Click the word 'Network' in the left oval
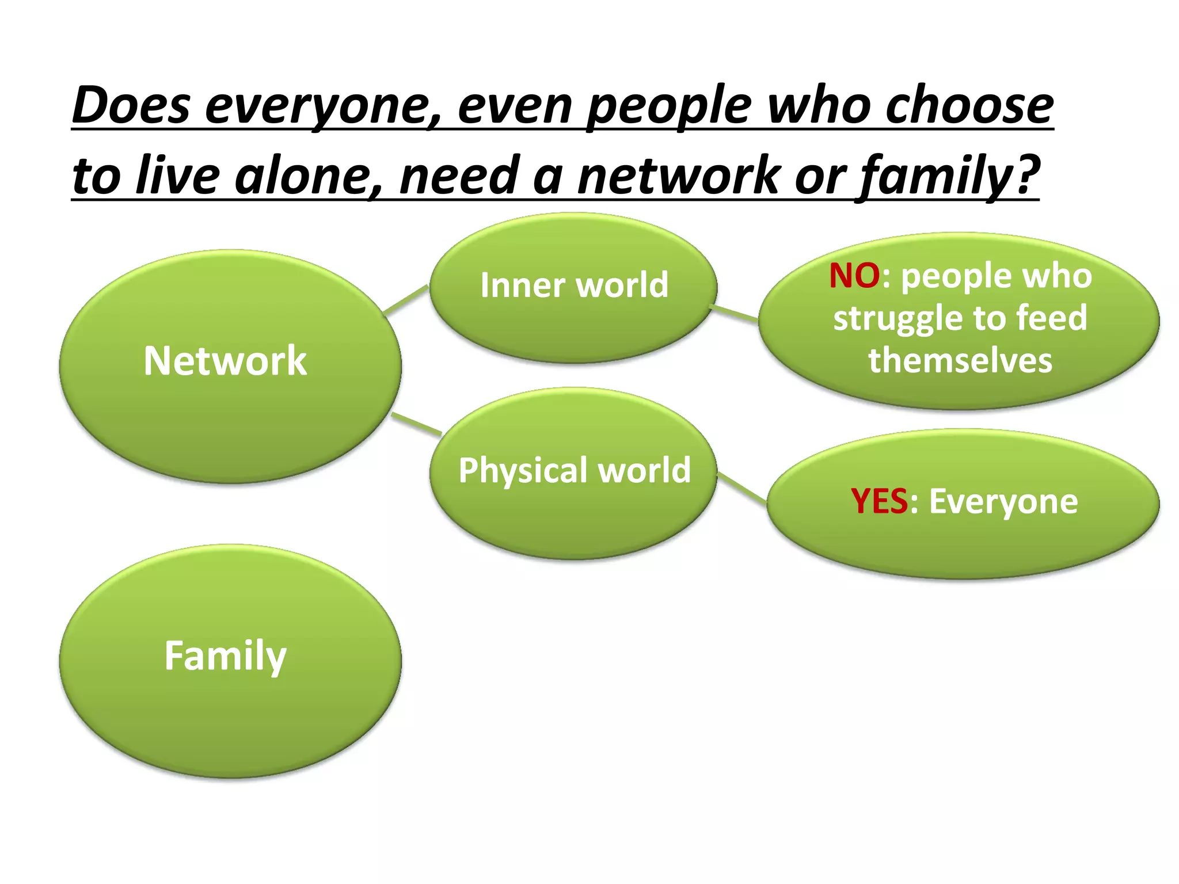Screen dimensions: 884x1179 coord(225,361)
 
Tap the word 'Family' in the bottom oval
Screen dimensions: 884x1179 coord(225,656)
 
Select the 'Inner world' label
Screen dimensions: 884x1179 coord(574,285)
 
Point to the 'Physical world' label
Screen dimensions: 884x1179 coord(575,470)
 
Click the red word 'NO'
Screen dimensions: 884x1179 coord(854,276)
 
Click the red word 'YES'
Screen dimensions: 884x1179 coord(879,501)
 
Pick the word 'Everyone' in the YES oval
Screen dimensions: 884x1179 coord(1003,501)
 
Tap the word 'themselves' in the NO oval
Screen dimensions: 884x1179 coord(960,361)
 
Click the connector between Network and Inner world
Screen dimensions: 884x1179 coord(406,300)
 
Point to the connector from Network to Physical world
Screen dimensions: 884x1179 coord(416,424)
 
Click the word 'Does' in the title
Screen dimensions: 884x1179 coord(131,106)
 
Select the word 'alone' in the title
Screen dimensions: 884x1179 coord(309,176)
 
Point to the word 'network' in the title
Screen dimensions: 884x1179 coord(679,176)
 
